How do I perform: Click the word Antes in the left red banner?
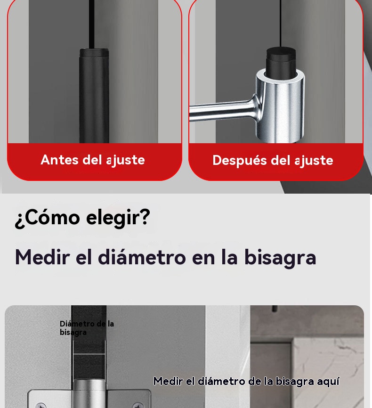point(59,160)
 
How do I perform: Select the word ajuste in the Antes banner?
point(126,160)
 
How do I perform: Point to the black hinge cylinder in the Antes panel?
point(94,96)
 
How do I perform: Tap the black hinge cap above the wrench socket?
point(281,60)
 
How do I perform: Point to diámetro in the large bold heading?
point(142,257)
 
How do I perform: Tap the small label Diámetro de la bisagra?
point(87,328)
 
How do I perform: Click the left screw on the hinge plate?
point(40,405)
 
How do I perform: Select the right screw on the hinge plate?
point(137,405)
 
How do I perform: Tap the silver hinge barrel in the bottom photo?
point(89,393)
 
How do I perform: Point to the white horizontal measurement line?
point(89,354)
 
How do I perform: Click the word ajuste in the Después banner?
point(314,161)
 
